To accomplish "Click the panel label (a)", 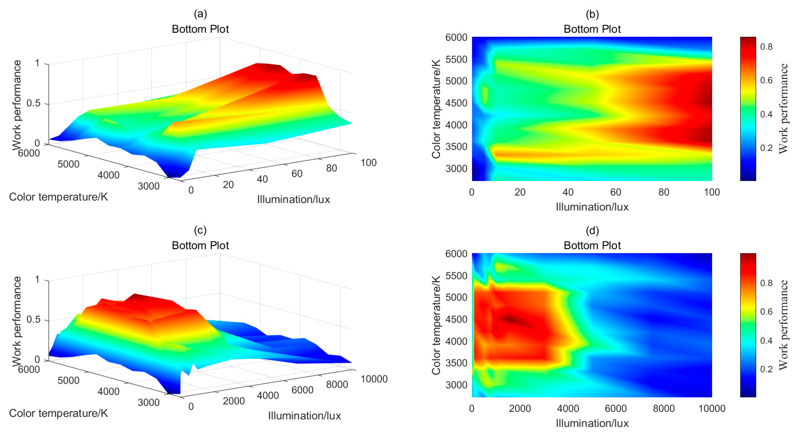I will (x=200, y=14).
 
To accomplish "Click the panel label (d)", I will (x=592, y=230).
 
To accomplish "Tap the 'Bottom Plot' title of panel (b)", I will (x=592, y=29).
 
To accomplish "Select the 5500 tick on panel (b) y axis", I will (x=456, y=59).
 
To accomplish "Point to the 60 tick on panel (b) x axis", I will (x=616, y=192).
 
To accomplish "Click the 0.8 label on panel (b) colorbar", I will (x=766, y=47).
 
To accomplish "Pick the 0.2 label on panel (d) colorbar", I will (x=766, y=369).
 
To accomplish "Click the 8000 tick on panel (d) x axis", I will (x=664, y=409).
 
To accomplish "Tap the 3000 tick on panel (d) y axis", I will (x=456, y=385).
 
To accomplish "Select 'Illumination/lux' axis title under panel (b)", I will (x=592, y=207).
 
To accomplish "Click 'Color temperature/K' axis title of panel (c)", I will (x=59, y=413).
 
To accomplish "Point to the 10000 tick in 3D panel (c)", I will (x=374, y=379).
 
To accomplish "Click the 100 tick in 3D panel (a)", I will (x=368, y=162).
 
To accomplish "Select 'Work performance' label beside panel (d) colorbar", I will (x=783, y=325).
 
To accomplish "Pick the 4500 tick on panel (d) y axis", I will (x=456, y=319).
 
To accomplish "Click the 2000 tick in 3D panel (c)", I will (x=234, y=401).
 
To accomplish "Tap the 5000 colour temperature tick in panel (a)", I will (x=68, y=164).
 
